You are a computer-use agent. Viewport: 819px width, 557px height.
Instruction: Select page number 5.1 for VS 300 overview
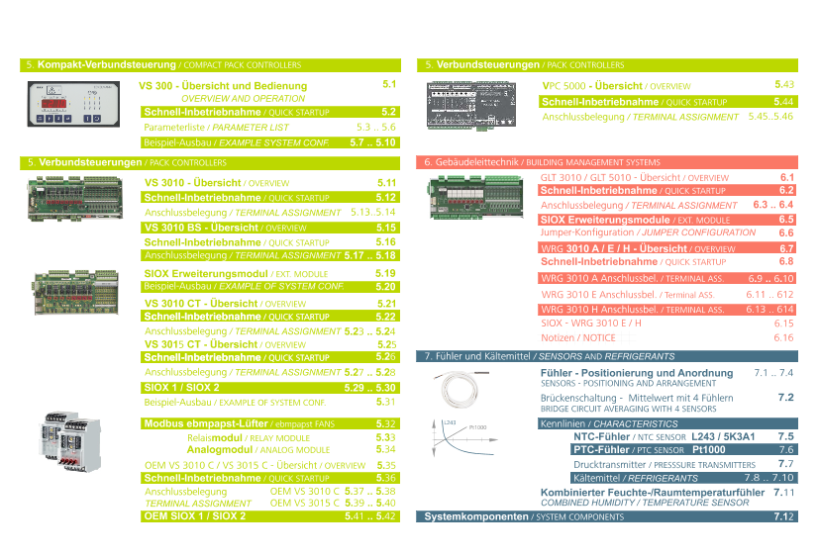pyautogui.click(x=388, y=85)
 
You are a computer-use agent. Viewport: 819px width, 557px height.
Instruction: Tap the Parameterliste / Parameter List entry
pyautogui.click(x=217, y=128)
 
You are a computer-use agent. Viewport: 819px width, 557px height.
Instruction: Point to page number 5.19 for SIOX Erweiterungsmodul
pyautogui.click(x=385, y=272)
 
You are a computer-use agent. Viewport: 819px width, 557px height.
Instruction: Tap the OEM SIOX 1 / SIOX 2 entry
pyautogui.click(x=195, y=515)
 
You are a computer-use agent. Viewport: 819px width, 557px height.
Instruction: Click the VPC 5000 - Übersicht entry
pyautogui.click(x=616, y=86)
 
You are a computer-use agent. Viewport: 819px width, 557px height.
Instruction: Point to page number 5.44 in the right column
pyautogui.click(x=783, y=101)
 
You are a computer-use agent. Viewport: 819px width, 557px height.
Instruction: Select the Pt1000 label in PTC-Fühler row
pyautogui.click(x=708, y=449)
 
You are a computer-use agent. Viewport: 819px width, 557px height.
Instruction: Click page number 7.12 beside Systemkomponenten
pyautogui.click(x=783, y=516)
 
